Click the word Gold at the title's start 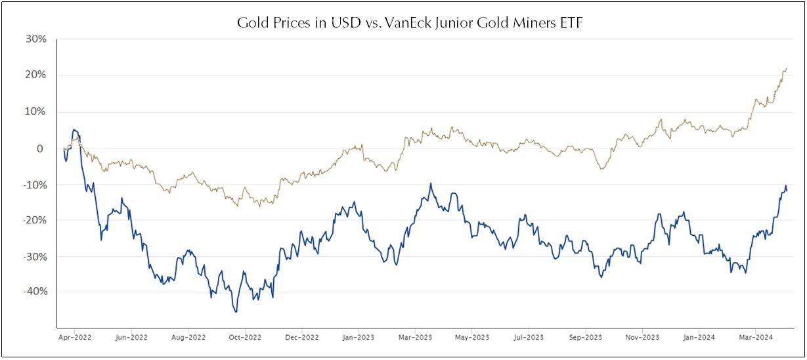point(251,23)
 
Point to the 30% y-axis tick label point(36,39)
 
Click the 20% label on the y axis point(36,76)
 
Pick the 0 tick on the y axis point(41,148)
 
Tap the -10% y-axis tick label point(35,185)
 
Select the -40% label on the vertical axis point(35,292)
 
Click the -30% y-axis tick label point(35,256)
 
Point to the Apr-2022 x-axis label point(75,338)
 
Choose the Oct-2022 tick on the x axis point(244,338)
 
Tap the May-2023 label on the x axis point(471,338)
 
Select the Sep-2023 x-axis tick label point(584,338)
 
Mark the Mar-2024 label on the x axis point(755,338)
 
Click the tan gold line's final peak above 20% point(787,68)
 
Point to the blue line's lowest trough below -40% point(236,311)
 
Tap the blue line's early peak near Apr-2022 point(74,130)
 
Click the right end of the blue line point(787,191)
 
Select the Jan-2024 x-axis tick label point(698,338)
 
